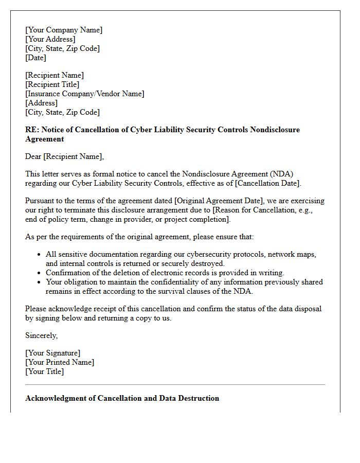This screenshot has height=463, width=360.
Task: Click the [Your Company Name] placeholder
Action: point(64,30)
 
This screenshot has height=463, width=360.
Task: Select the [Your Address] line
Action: point(50,39)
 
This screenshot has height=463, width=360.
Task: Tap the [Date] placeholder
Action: point(35,58)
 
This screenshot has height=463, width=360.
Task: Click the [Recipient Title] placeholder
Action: point(52,84)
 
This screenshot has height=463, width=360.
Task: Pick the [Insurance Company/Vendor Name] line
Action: point(85,94)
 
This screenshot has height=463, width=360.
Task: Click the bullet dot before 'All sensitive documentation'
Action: point(40,255)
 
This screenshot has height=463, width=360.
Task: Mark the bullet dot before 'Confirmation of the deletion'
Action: point(40,273)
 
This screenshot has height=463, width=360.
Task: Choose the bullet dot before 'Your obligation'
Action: point(40,282)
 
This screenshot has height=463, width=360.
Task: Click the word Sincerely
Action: point(41,335)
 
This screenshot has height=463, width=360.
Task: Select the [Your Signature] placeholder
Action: point(53,353)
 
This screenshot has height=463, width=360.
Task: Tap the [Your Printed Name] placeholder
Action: point(60,362)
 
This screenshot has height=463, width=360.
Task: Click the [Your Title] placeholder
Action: point(45,371)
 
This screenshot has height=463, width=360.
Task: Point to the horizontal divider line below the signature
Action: point(175,384)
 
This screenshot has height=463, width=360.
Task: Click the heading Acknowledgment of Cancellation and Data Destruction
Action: point(122,398)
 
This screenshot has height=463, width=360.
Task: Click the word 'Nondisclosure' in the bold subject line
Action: point(275,130)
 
